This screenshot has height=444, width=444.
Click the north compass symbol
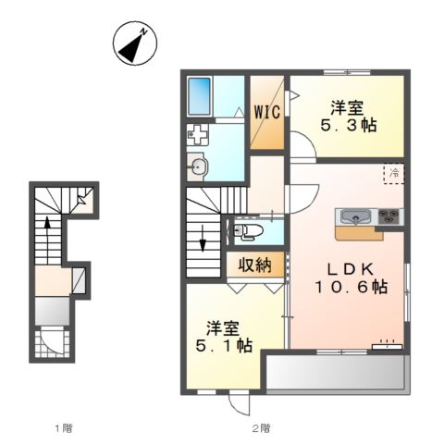pyautogui.click(x=135, y=43)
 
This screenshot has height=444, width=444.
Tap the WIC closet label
pyautogui.click(x=267, y=112)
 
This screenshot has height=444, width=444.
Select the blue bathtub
pyautogui.click(x=199, y=96)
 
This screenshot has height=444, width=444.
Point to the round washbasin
pyautogui.click(x=198, y=167)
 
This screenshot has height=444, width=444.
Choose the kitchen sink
pyautogui.click(x=356, y=216)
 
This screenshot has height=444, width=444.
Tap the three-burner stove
pyautogui.click(x=389, y=216)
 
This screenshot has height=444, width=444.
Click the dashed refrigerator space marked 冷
pyautogui.click(x=393, y=174)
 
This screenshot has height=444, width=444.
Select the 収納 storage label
pyautogui.click(x=254, y=265)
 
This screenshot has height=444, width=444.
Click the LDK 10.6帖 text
pyautogui.click(x=351, y=278)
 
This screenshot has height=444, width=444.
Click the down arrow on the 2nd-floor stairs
pyautogui.click(x=203, y=238)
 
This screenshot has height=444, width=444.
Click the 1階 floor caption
pyautogui.click(x=64, y=428)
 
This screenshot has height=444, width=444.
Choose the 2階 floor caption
pyautogui.click(x=261, y=428)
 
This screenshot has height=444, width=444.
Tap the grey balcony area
pyautogui.click(x=336, y=373)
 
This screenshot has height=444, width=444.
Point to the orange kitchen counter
pyautogui.click(x=360, y=233)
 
